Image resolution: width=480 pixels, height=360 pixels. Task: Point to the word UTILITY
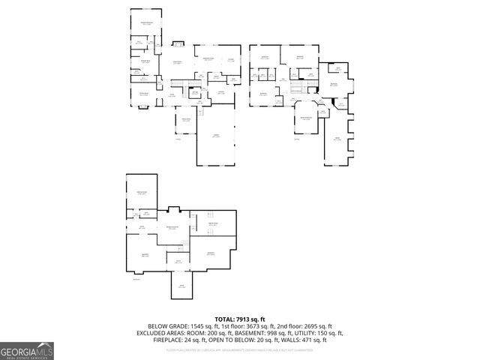click(292, 334)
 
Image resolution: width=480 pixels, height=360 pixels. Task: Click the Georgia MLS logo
click(27, 350)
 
